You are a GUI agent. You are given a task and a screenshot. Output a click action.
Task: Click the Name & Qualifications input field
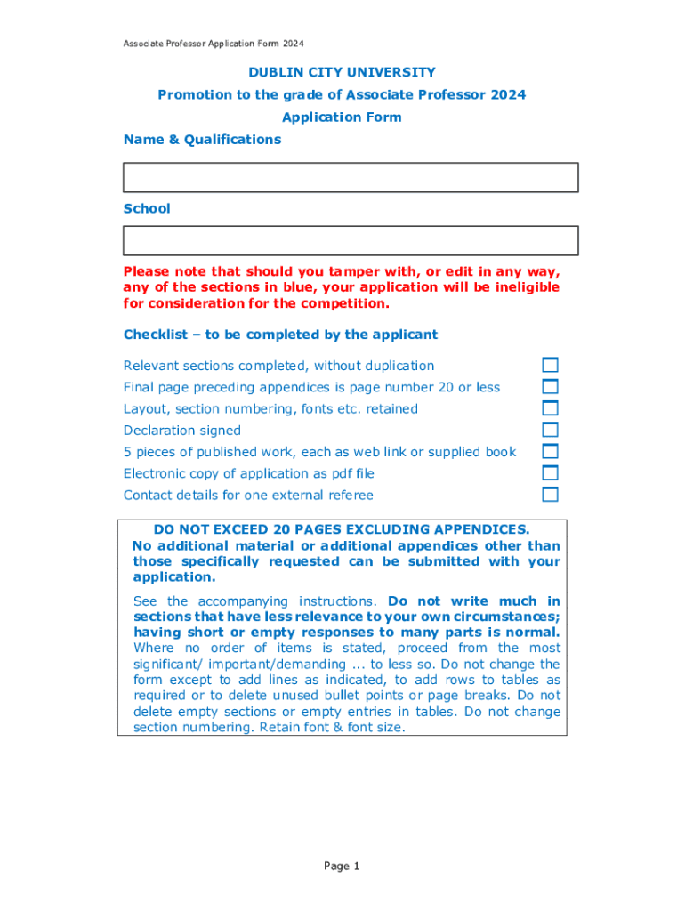[x=351, y=177]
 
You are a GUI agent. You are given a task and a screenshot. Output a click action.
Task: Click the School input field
[x=351, y=240]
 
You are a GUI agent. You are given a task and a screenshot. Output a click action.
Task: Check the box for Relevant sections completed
[x=551, y=365]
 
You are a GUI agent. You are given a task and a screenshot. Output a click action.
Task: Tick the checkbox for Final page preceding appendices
[x=551, y=387]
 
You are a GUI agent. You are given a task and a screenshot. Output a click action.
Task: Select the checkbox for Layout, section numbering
[x=551, y=408]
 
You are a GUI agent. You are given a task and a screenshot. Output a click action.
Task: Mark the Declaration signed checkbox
[x=551, y=430]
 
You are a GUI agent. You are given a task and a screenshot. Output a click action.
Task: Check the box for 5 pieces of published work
[x=551, y=451]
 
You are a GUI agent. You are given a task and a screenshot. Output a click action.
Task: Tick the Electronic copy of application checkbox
[x=551, y=472]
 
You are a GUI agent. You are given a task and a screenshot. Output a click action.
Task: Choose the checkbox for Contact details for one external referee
[x=551, y=494]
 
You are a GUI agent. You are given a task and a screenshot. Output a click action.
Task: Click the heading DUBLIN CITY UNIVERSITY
[x=342, y=72]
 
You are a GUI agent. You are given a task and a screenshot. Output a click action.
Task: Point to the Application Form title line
[x=342, y=117]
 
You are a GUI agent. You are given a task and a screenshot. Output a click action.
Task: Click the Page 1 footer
[x=342, y=866]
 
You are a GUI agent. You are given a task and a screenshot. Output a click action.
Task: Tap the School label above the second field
[x=147, y=208]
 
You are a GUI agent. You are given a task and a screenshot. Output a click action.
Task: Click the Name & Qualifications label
[x=202, y=140]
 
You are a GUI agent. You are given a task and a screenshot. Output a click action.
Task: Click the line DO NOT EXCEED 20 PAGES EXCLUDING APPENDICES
[x=342, y=529]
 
